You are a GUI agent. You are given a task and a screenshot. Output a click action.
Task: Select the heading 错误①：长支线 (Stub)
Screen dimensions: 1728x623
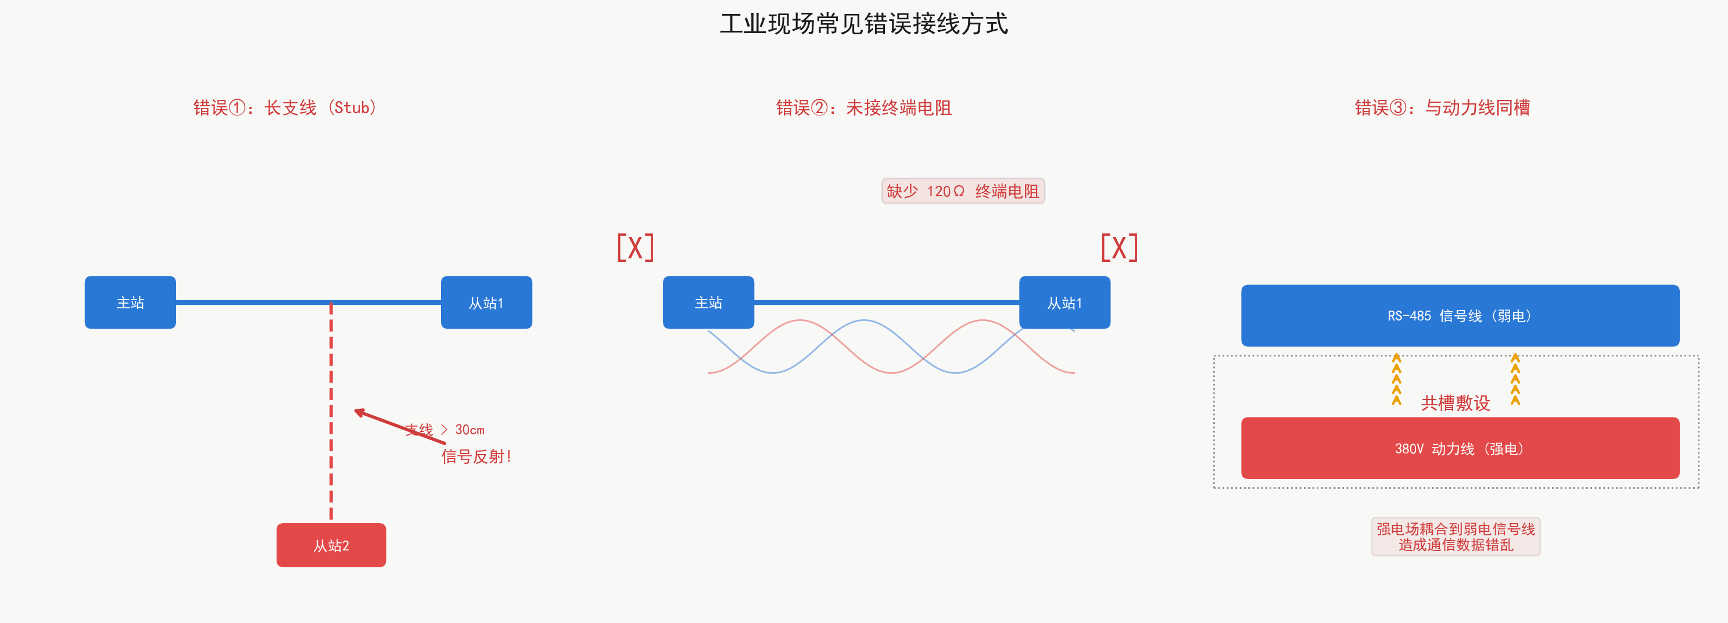(x=285, y=107)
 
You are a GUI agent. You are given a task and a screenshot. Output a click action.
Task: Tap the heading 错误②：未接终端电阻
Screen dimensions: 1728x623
(x=864, y=107)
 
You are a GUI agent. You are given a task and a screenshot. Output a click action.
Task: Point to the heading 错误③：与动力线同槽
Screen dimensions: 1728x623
(x=1442, y=107)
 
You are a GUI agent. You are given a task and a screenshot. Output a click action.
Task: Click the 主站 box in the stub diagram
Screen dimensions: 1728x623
(x=130, y=303)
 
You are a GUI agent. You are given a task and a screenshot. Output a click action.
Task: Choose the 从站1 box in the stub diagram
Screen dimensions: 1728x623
(x=486, y=303)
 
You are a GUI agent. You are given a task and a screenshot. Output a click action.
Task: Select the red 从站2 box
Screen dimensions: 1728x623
(x=331, y=545)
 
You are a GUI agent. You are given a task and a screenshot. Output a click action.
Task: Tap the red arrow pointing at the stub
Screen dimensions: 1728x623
(x=400, y=427)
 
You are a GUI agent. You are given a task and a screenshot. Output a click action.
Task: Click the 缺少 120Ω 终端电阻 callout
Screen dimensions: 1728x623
(x=963, y=191)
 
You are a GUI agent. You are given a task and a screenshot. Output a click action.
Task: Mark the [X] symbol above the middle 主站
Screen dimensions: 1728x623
(x=635, y=247)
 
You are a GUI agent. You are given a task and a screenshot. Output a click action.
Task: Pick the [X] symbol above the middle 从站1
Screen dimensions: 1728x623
(x=1120, y=247)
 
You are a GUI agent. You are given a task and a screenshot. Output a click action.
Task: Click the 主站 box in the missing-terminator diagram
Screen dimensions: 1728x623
(x=708, y=303)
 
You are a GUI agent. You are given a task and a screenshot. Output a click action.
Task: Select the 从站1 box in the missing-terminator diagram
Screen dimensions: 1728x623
(x=1064, y=303)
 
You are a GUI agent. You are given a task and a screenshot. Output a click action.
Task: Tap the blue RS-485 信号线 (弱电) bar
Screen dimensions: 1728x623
(x=1460, y=316)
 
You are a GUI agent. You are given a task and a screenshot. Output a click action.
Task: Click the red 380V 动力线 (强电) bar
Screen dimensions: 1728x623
(x=1460, y=448)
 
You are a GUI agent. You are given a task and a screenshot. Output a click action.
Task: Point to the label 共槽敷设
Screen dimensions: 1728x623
(x=1455, y=403)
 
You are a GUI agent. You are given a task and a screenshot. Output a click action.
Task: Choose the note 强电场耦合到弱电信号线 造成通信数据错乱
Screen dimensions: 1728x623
(x=1455, y=536)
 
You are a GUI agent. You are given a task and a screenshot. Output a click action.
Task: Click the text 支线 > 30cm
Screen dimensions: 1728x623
(x=444, y=430)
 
